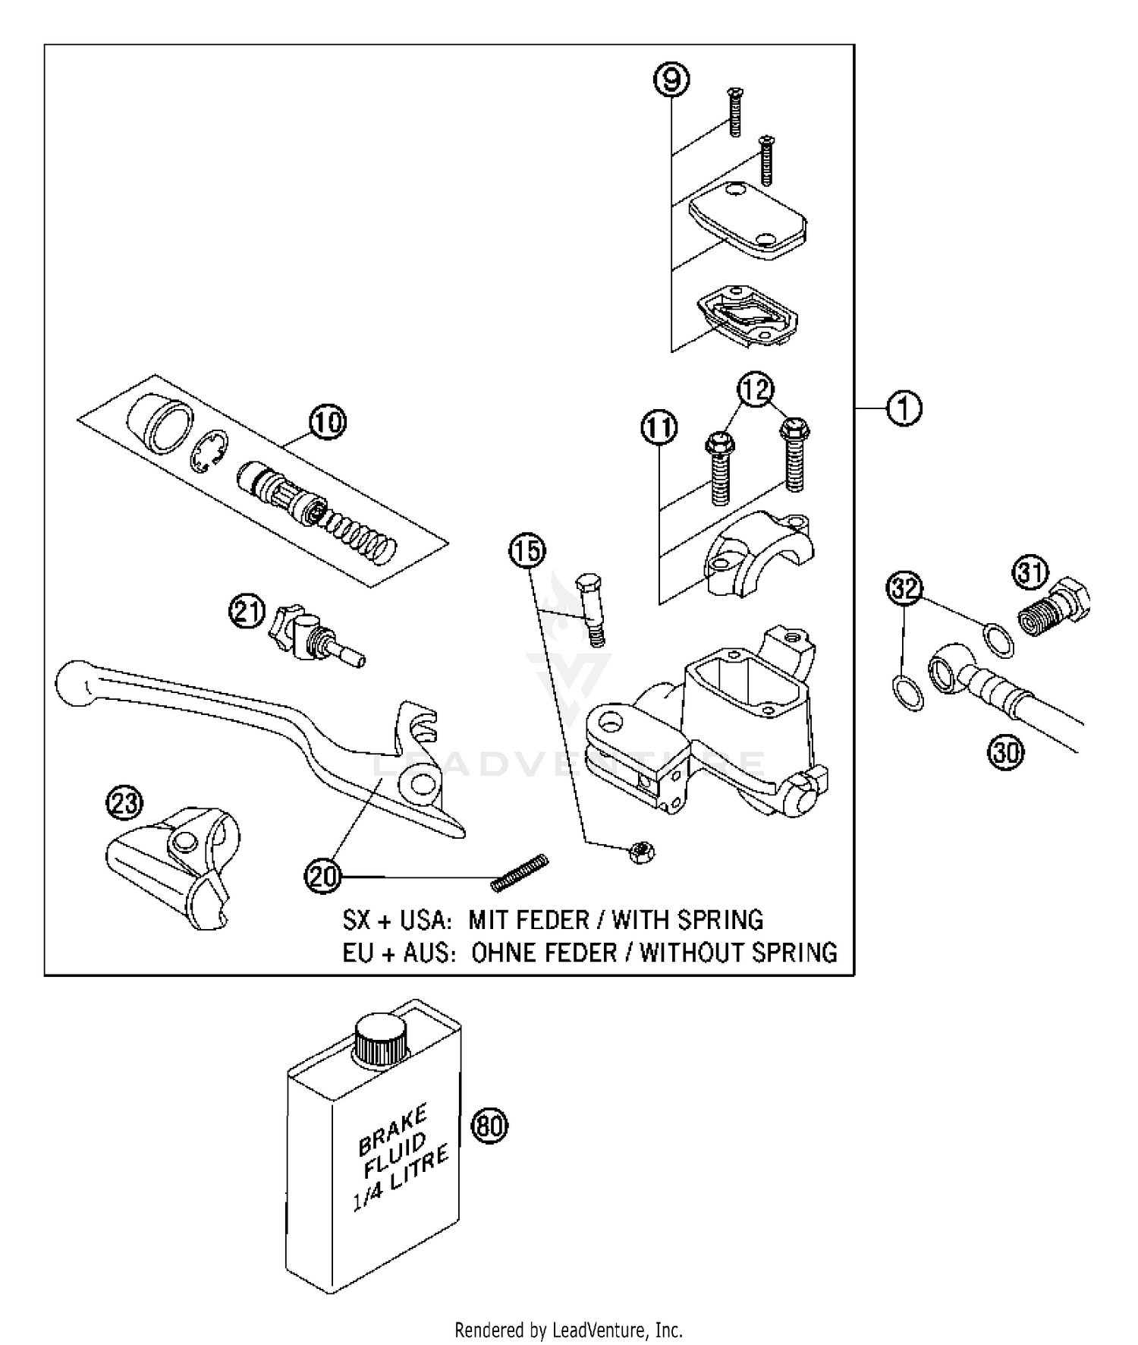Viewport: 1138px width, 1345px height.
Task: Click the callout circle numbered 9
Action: click(671, 80)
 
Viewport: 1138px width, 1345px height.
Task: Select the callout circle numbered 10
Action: click(327, 422)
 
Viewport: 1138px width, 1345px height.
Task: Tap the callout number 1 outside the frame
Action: click(904, 408)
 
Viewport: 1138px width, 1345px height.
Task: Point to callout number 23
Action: click(124, 804)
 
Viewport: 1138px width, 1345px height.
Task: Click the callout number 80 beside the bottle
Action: click(489, 1126)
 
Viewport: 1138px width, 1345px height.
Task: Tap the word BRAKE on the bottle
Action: click(393, 1128)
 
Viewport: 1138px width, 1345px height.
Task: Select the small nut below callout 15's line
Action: click(642, 852)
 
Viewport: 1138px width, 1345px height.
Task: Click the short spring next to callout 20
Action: click(520, 872)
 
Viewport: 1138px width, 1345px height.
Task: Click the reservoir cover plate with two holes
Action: click(747, 220)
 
